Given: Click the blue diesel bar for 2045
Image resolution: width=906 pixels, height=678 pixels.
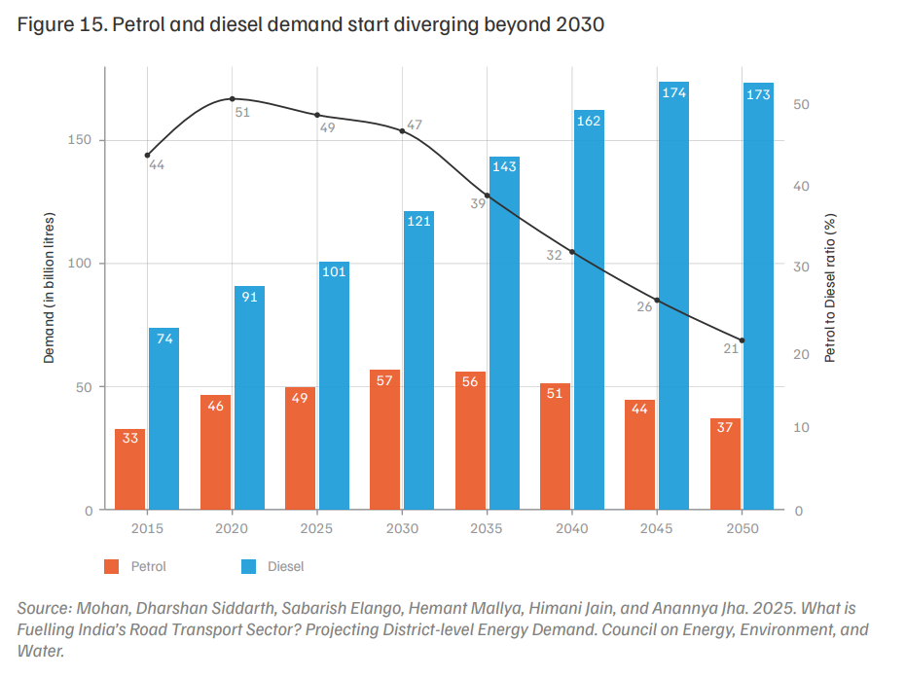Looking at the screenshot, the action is click(x=673, y=296).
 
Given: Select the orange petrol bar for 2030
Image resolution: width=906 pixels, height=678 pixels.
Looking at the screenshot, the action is click(x=384, y=440).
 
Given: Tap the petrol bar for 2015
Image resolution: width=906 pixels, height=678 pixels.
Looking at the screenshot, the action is click(x=130, y=470).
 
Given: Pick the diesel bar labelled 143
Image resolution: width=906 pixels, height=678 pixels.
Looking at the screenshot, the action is click(x=504, y=334).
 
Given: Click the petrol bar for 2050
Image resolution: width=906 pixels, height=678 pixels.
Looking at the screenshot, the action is click(x=725, y=464).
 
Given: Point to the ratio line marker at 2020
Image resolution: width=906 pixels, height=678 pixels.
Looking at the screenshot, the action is click(x=233, y=99).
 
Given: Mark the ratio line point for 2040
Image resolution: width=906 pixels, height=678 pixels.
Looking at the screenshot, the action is click(x=572, y=252).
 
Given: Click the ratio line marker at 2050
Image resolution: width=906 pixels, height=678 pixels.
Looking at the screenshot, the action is click(x=742, y=340).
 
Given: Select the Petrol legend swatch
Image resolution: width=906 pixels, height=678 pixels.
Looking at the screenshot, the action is click(x=112, y=566).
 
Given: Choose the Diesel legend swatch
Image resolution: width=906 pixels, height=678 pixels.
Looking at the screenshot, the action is click(x=248, y=566).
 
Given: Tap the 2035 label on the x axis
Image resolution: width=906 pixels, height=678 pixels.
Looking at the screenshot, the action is click(x=487, y=528).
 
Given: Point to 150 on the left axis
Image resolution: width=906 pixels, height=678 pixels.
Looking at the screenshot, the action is click(x=80, y=140).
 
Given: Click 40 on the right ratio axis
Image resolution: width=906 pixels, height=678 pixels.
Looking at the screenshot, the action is click(x=802, y=186).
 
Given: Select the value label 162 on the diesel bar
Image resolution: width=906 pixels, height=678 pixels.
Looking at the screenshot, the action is click(x=589, y=121).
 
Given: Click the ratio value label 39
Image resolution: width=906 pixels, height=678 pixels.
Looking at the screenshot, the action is click(x=478, y=203).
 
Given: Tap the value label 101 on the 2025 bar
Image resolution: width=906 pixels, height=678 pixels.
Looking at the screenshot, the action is click(x=334, y=271).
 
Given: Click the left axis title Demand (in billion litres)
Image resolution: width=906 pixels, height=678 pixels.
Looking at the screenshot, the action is click(x=49, y=288).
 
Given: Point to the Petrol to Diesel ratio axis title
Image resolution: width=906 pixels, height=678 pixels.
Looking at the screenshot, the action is click(x=830, y=288).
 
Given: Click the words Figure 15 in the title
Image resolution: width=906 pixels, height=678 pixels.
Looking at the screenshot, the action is click(x=61, y=25).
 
